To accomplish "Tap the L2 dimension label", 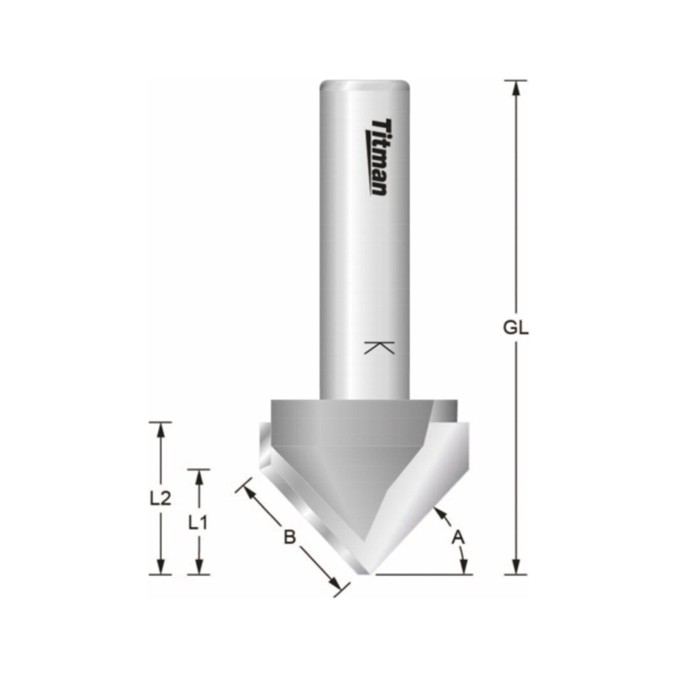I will point(160,497).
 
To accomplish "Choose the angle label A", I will point(458,536).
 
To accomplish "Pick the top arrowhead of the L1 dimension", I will point(198,476).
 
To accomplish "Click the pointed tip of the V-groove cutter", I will point(366,572).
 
